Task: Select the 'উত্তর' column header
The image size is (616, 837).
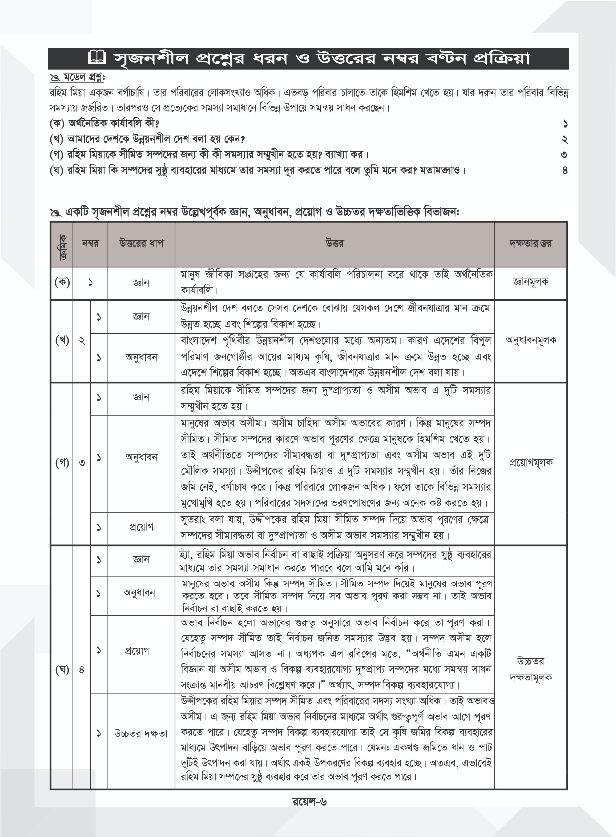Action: pos(335,244)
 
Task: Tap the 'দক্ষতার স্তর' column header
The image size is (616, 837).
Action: pos(530,244)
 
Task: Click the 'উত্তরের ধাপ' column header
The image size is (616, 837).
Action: pos(141,244)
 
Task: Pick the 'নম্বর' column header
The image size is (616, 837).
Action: pos(90,244)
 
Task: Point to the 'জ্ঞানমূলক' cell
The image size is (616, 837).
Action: pos(530,282)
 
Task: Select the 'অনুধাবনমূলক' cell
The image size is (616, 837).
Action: pos(530,340)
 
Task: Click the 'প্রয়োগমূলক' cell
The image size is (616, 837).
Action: pos(530,463)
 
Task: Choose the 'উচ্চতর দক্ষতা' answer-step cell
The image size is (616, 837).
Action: pos(141,733)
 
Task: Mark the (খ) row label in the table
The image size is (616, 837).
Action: pos(62,340)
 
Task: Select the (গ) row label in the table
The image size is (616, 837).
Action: pos(62,463)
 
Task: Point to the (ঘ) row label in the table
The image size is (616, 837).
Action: pos(62,670)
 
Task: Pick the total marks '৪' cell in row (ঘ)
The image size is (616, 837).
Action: pos(82,670)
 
